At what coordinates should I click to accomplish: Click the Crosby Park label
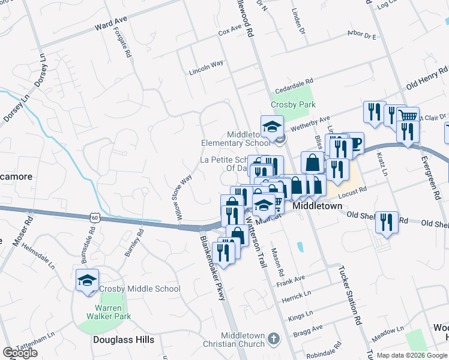click(293, 104)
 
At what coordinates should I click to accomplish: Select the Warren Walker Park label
click(108, 311)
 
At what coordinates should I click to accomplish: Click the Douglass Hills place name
click(124, 340)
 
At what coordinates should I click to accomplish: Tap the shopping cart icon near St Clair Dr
click(408, 116)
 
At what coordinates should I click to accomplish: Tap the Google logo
click(20, 352)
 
